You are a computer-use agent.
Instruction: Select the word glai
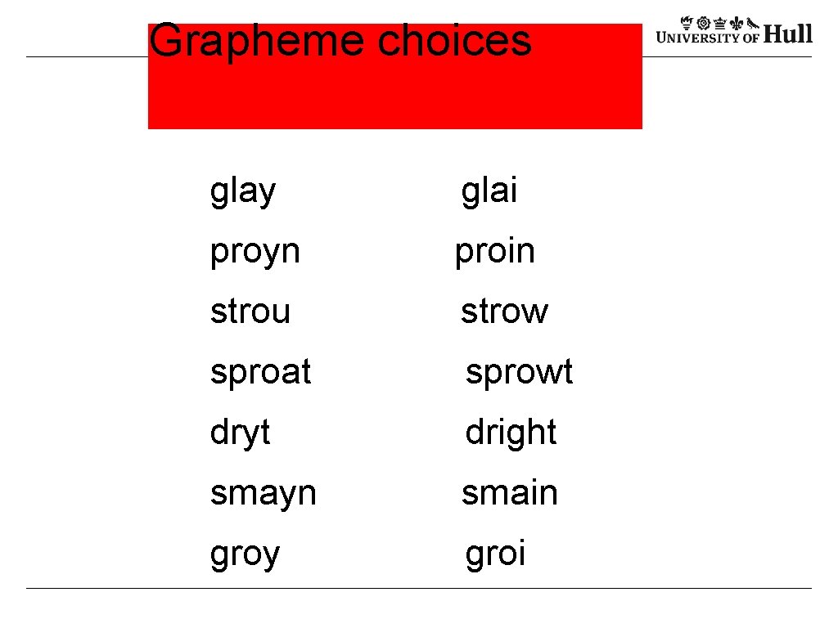coord(489,191)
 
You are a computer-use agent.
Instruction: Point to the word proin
coord(494,252)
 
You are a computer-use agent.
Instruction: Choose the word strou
coord(250,312)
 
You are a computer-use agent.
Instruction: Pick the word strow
coord(504,312)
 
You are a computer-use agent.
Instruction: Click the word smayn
coord(263,493)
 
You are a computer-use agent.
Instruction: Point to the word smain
coord(509,493)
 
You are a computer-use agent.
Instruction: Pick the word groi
coord(495,554)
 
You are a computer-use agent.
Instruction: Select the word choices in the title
coord(454,40)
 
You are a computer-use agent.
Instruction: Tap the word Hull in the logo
coord(788,34)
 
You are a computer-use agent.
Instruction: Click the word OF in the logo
coord(751,37)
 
